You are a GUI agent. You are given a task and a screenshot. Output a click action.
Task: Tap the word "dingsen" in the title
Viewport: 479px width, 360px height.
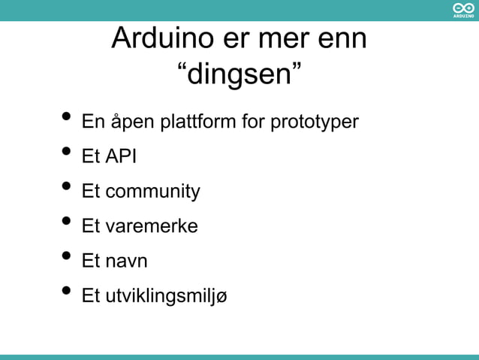239,74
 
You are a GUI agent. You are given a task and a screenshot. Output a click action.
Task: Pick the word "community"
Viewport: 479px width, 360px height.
152,192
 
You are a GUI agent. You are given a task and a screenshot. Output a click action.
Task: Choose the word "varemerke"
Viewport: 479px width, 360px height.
151,226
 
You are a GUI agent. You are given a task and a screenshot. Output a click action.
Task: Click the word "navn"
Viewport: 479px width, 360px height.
126,262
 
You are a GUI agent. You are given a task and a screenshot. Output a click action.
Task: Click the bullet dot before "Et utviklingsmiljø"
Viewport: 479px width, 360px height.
67,292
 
